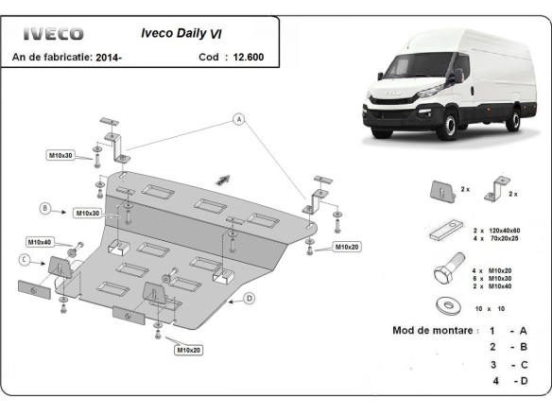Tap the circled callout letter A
point(239,119)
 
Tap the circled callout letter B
point(43,208)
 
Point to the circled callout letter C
point(25,259)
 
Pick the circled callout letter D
point(250,299)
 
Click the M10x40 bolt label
point(41,241)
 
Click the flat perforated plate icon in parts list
point(443,229)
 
